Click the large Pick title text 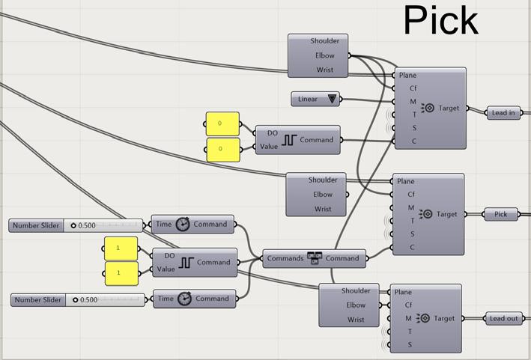click(x=441, y=20)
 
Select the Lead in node click(x=503, y=113)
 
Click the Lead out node click(x=503, y=318)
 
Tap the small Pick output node click(x=500, y=214)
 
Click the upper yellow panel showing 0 click(x=222, y=123)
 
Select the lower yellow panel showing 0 click(x=222, y=149)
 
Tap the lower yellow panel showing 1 click(x=121, y=273)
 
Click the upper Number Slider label click(x=37, y=225)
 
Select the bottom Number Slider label click(x=38, y=300)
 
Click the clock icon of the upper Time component click(x=183, y=224)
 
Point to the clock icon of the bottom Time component click(x=183, y=299)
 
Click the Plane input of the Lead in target click(x=408, y=76)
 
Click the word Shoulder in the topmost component click(x=324, y=41)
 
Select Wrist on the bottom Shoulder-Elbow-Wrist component click(x=356, y=320)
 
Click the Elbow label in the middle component click(x=323, y=195)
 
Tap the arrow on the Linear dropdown click(x=331, y=99)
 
